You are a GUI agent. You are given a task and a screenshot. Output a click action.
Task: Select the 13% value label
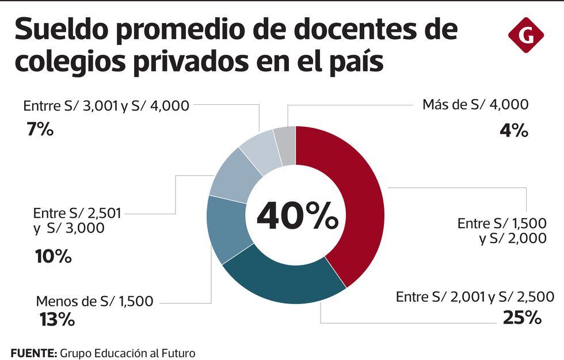click(56, 320)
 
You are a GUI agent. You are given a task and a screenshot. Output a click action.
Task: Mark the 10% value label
click(53, 256)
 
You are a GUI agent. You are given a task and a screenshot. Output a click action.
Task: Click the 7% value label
click(40, 129)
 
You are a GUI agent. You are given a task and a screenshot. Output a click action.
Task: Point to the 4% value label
click(514, 131)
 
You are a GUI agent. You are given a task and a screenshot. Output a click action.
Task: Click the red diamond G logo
click(525, 35)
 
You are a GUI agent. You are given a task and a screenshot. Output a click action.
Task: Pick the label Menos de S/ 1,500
click(94, 301)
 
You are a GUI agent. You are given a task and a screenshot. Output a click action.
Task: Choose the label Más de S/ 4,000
click(475, 105)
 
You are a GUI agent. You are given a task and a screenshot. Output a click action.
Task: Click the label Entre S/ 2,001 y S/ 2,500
click(475, 297)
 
